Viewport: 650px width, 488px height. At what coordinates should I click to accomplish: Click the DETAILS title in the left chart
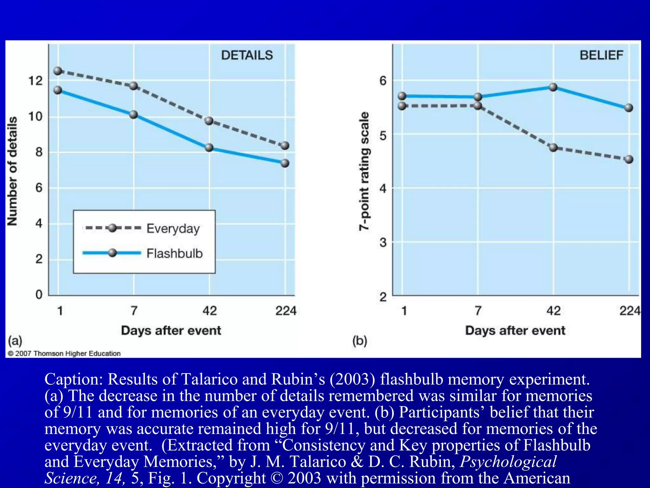247,55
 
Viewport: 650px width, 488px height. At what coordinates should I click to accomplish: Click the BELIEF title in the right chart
601,55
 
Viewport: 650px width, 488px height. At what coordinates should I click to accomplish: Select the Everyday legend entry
173,228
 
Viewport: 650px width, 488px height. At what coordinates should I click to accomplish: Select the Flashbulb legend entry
174,254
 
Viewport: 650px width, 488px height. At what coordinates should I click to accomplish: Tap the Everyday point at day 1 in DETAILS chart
58,71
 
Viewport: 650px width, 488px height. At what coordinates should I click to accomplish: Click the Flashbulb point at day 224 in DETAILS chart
285,163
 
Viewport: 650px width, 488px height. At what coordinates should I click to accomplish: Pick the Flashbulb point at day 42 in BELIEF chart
553,87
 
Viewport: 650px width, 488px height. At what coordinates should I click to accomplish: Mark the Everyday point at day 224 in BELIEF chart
629,159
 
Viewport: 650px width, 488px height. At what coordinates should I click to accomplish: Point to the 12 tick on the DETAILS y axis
35,81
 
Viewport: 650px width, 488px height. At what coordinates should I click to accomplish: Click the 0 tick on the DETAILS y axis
39,295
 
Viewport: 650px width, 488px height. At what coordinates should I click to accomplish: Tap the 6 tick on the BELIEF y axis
383,81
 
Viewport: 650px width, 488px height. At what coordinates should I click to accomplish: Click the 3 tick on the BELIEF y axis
383,243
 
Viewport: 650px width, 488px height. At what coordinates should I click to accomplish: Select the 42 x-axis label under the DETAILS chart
209,310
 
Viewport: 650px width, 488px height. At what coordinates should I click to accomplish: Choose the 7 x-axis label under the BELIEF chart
478,310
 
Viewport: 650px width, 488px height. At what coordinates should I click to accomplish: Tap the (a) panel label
15,341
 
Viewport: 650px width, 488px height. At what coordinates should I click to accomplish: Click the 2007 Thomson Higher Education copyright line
64,354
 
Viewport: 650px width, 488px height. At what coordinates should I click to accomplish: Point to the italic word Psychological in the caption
508,461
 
